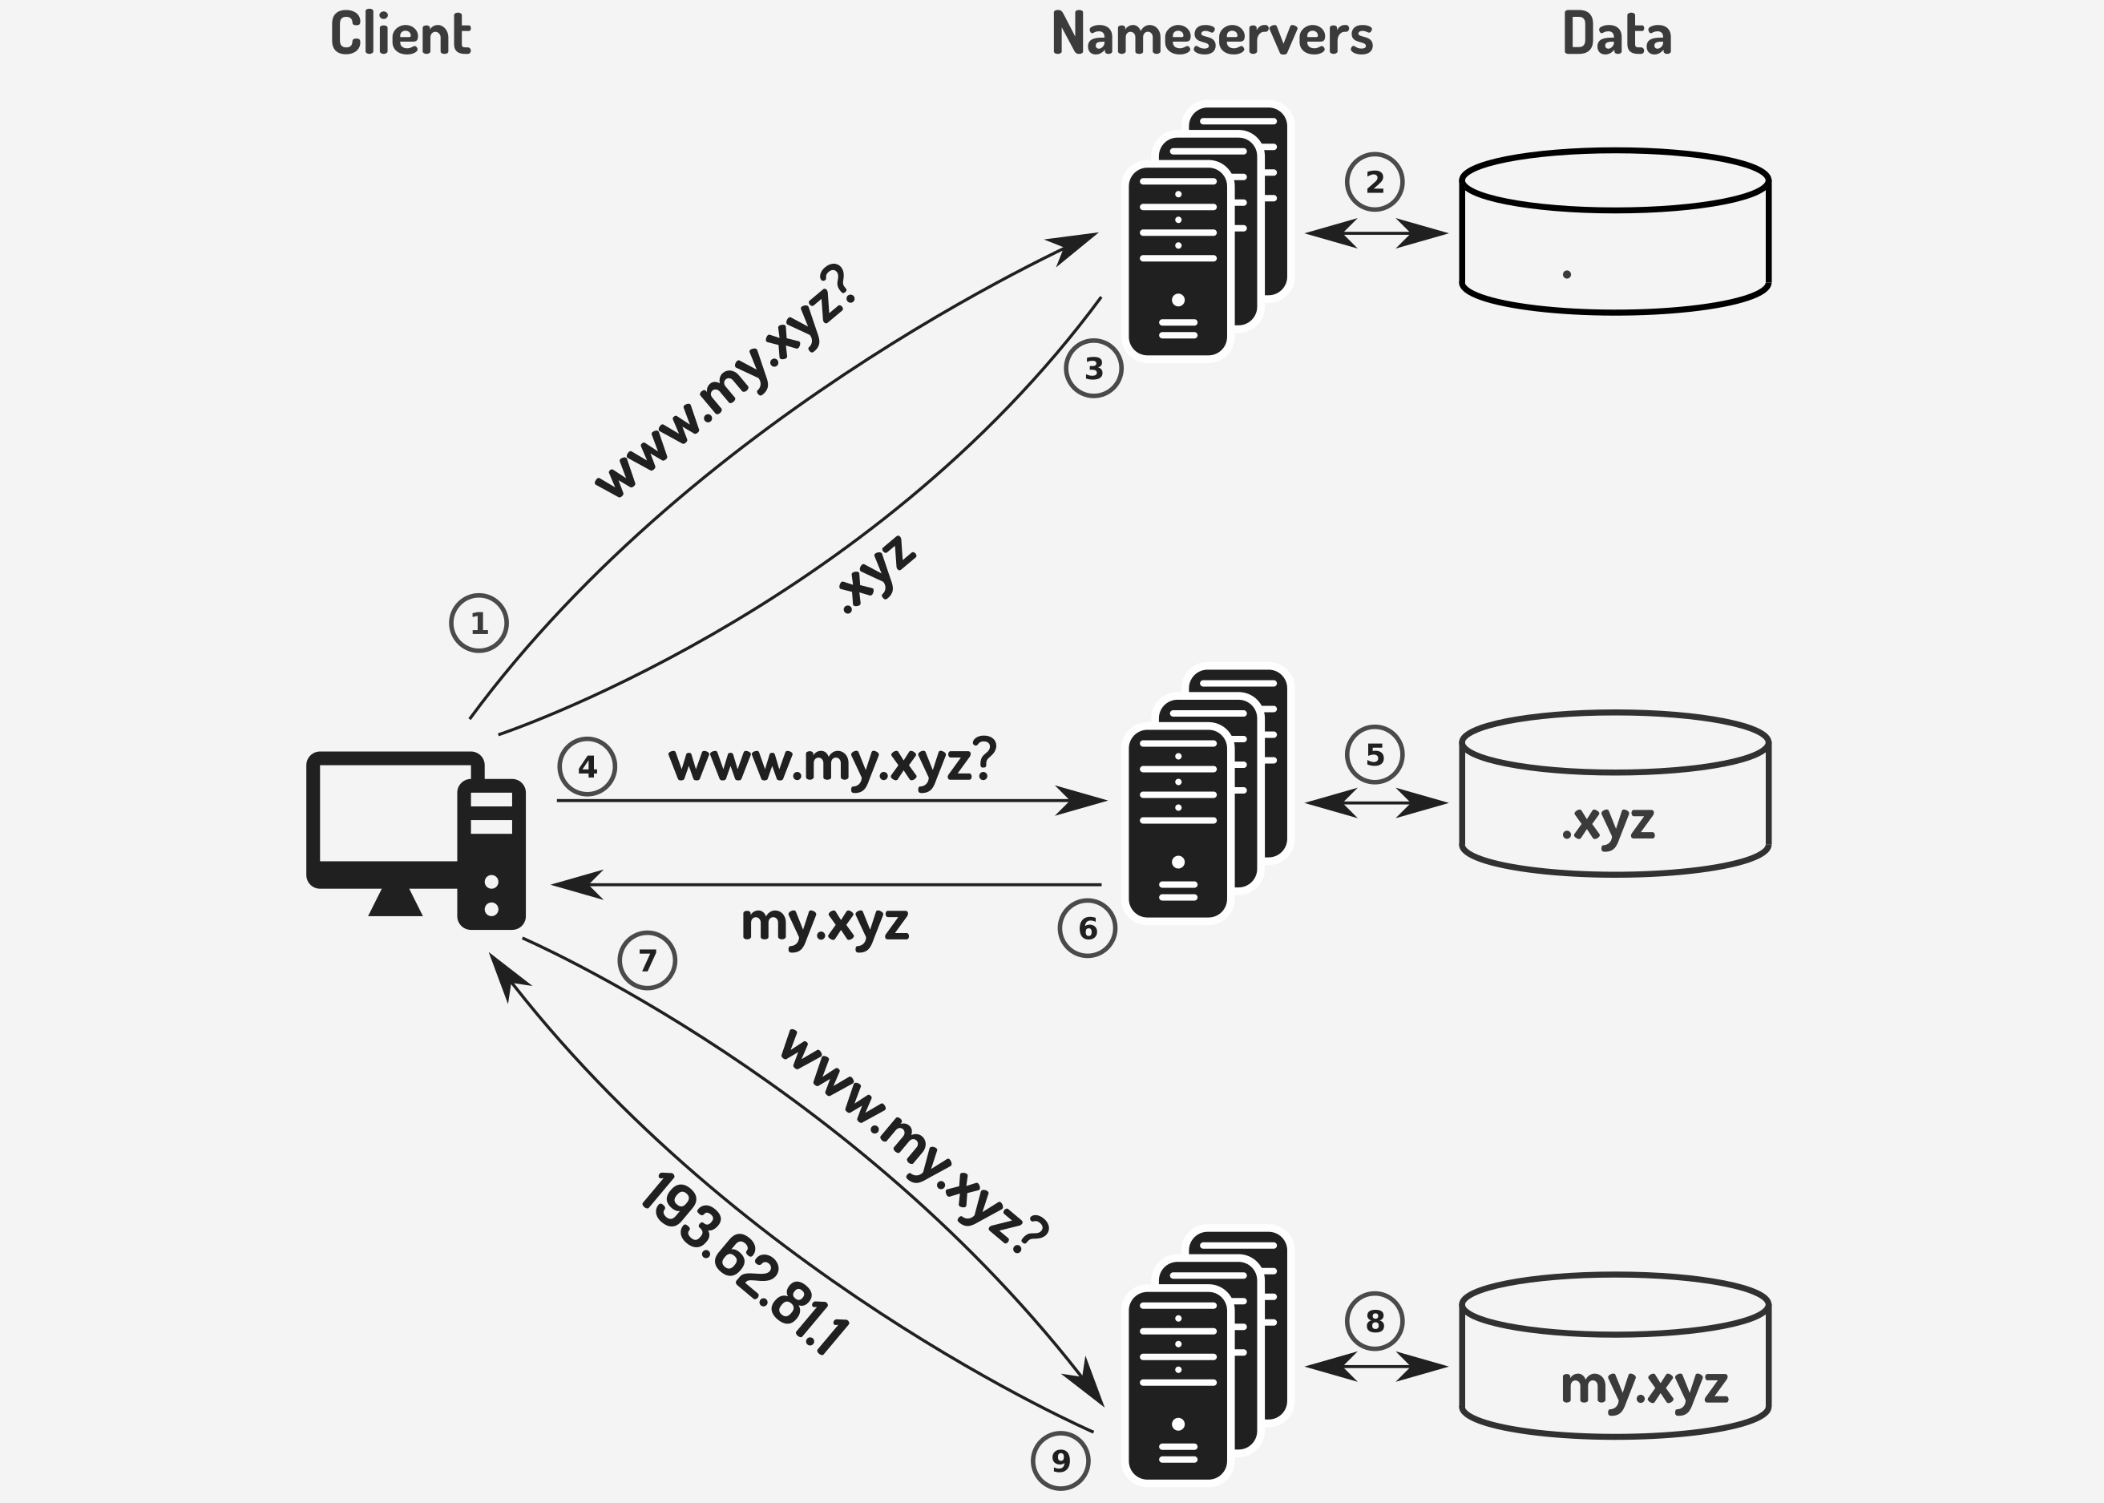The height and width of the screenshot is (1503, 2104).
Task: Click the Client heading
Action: tap(401, 34)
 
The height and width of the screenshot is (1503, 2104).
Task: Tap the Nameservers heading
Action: tap(1211, 35)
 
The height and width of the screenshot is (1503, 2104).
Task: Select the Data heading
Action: tap(1617, 34)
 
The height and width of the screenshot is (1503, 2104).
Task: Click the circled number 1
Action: tap(479, 623)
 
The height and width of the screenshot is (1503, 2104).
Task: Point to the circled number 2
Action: tap(1374, 181)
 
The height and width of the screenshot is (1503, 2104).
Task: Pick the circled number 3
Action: tap(1093, 369)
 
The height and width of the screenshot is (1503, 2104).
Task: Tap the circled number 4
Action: tap(587, 766)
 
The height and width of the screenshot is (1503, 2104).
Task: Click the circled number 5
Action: tap(1374, 754)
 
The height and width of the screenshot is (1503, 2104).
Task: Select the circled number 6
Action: tap(1087, 927)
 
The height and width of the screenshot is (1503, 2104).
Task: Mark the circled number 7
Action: tap(647, 960)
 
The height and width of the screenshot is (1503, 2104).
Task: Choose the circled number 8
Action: tap(1374, 1321)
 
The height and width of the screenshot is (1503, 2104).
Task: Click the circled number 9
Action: tap(1060, 1461)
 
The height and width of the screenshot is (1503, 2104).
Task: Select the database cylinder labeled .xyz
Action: tap(1614, 794)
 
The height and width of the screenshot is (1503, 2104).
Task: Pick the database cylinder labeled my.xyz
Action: tap(1614, 1356)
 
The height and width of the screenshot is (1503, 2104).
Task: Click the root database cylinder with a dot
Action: tap(1614, 232)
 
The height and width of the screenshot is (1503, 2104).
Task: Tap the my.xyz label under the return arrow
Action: tap(825, 923)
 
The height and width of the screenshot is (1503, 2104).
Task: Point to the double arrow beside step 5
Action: tap(1376, 802)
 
